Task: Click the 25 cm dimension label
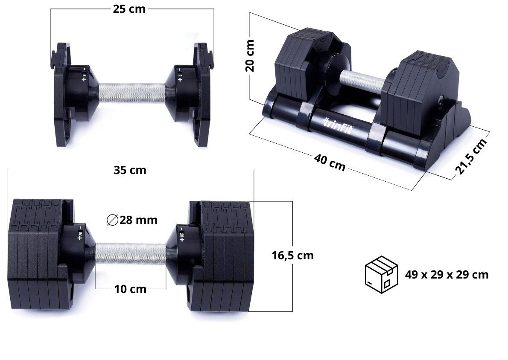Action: point(129,9)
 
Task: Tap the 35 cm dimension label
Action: point(130,170)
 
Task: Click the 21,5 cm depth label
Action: point(471,157)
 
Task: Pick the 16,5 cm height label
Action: point(292,255)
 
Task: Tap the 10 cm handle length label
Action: point(130,289)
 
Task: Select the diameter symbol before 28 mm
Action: point(112,220)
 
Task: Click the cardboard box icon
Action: point(381,275)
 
